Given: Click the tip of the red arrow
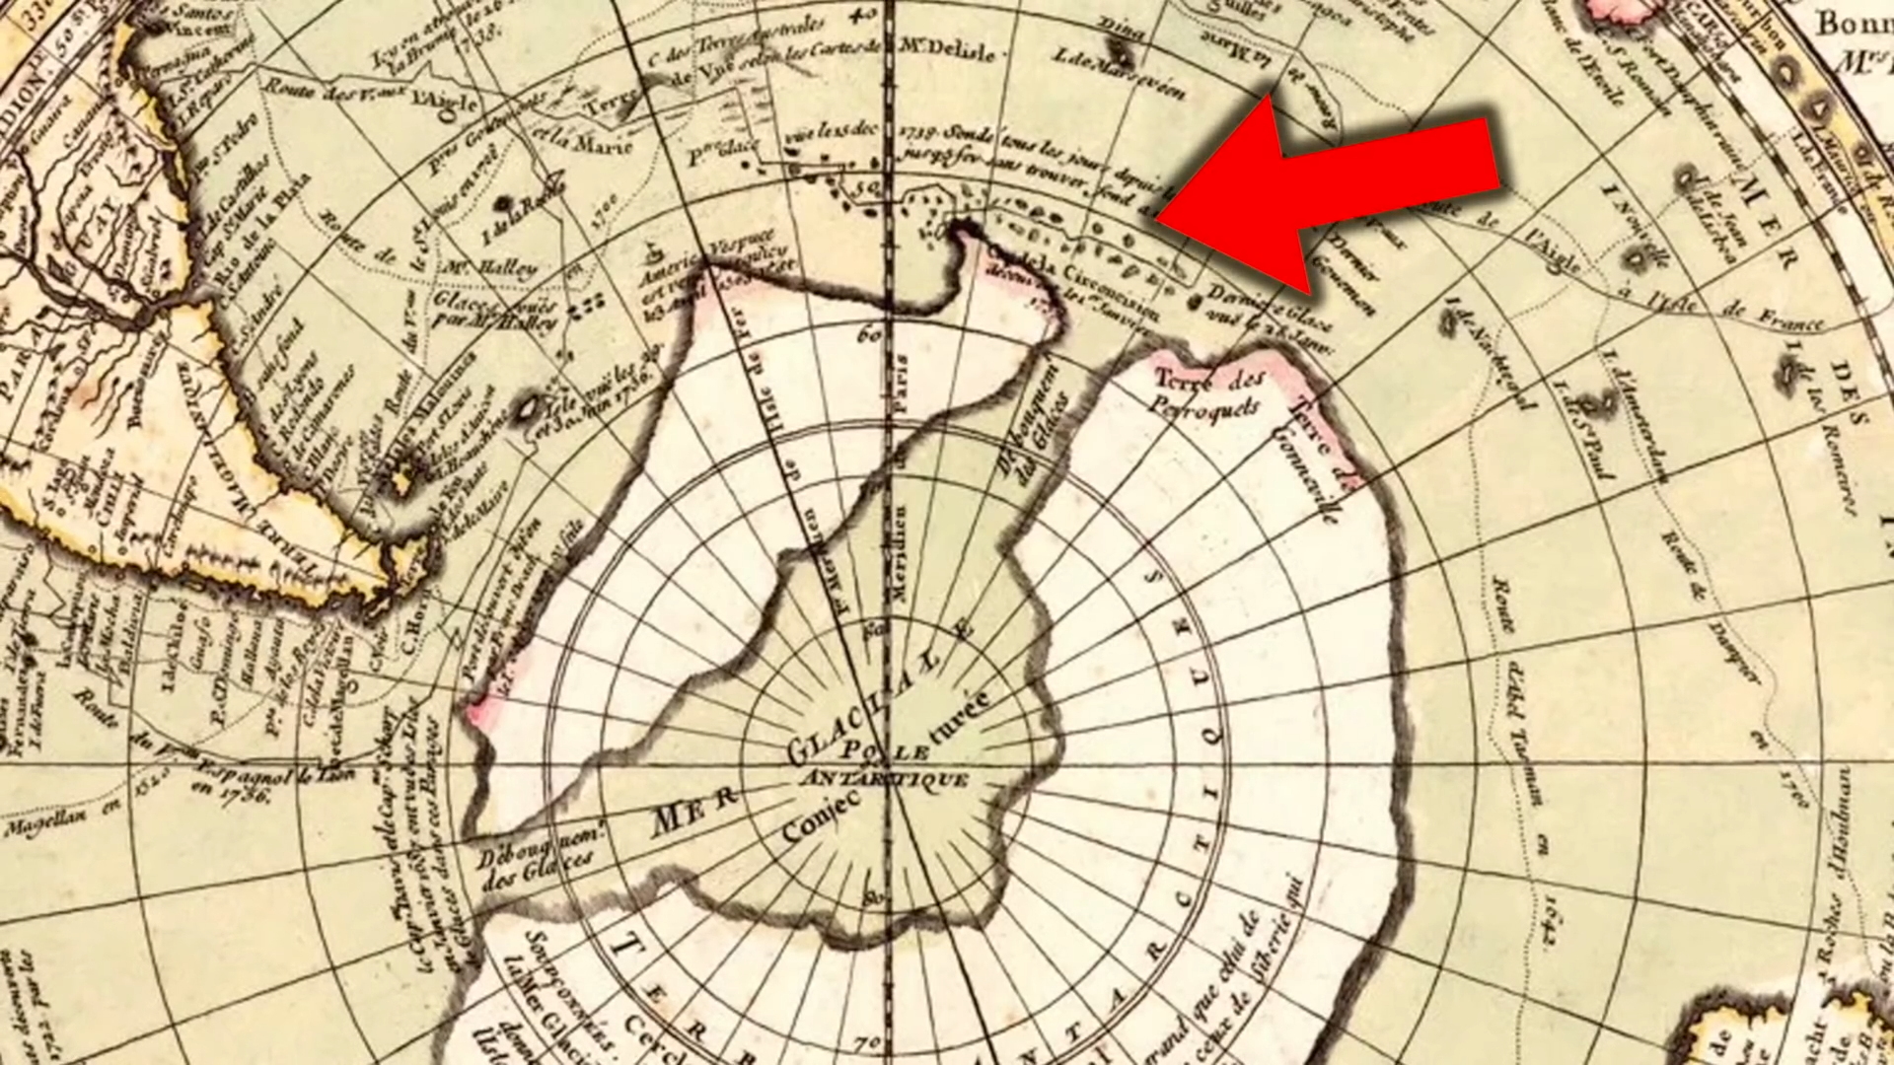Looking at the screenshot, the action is pos(1160,219).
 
